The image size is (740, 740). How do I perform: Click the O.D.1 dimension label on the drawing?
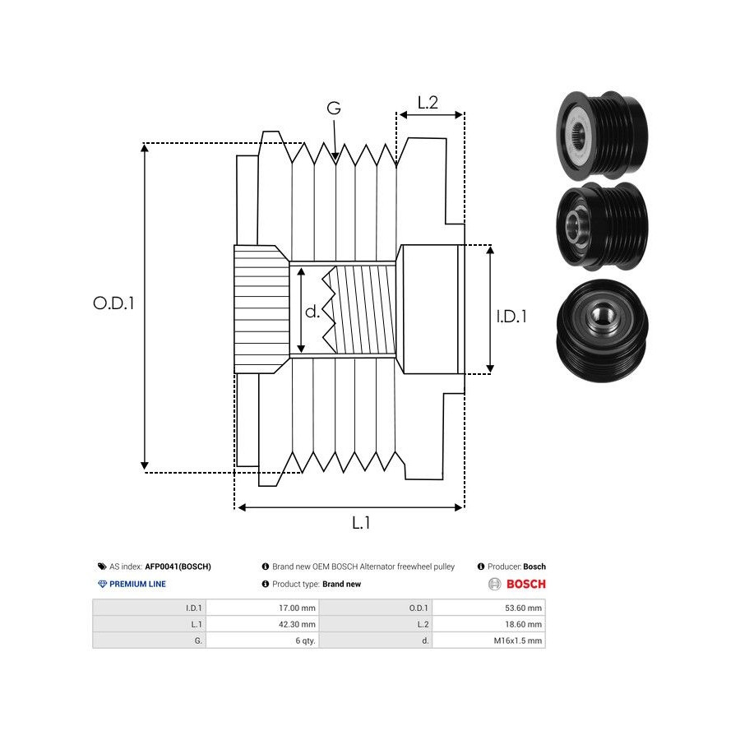113,303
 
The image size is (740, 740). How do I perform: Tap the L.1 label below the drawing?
361,523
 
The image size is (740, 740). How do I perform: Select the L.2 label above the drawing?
428,103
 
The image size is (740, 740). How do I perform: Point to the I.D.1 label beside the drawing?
511,316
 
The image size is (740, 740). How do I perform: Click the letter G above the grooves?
334,109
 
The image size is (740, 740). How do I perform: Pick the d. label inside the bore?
312,312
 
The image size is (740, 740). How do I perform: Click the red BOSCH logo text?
525,585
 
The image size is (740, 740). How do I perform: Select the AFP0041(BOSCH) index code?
178,567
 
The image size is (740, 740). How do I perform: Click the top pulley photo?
600,136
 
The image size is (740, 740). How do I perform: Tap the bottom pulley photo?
602,325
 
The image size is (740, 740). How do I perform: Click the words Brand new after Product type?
341,585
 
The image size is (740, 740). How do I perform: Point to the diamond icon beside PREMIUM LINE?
102,585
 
